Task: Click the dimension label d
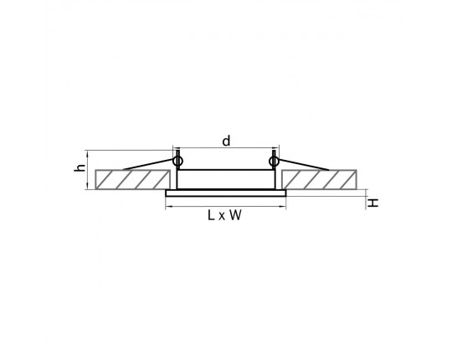(x=227, y=141)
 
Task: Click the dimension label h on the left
(x=80, y=167)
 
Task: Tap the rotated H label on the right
(x=373, y=203)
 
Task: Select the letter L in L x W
(x=211, y=215)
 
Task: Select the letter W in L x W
(x=235, y=215)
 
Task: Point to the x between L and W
(x=221, y=217)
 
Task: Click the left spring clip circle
(x=177, y=161)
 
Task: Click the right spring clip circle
(x=273, y=161)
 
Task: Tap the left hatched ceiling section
(x=132, y=179)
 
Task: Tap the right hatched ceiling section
(x=320, y=179)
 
